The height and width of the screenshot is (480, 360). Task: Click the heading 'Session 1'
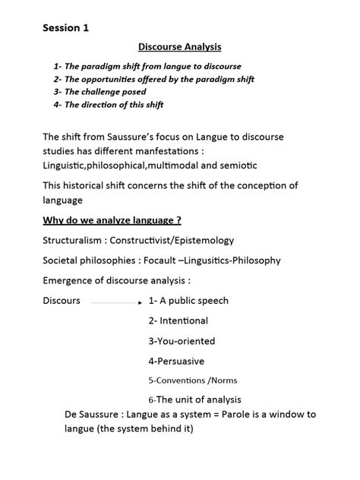click(65, 29)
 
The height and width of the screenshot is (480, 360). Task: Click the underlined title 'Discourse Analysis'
click(179, 48)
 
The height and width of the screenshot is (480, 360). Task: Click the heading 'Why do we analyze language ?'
click(112, 221)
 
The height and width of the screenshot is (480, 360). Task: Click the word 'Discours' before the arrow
click(62, 300)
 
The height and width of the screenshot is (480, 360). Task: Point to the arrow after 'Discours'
click(116, 302)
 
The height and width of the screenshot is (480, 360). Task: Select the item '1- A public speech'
click(188, 300)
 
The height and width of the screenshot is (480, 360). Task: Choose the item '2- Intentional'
click(178, 321)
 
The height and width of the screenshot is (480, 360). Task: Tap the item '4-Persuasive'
click(176, 361)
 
